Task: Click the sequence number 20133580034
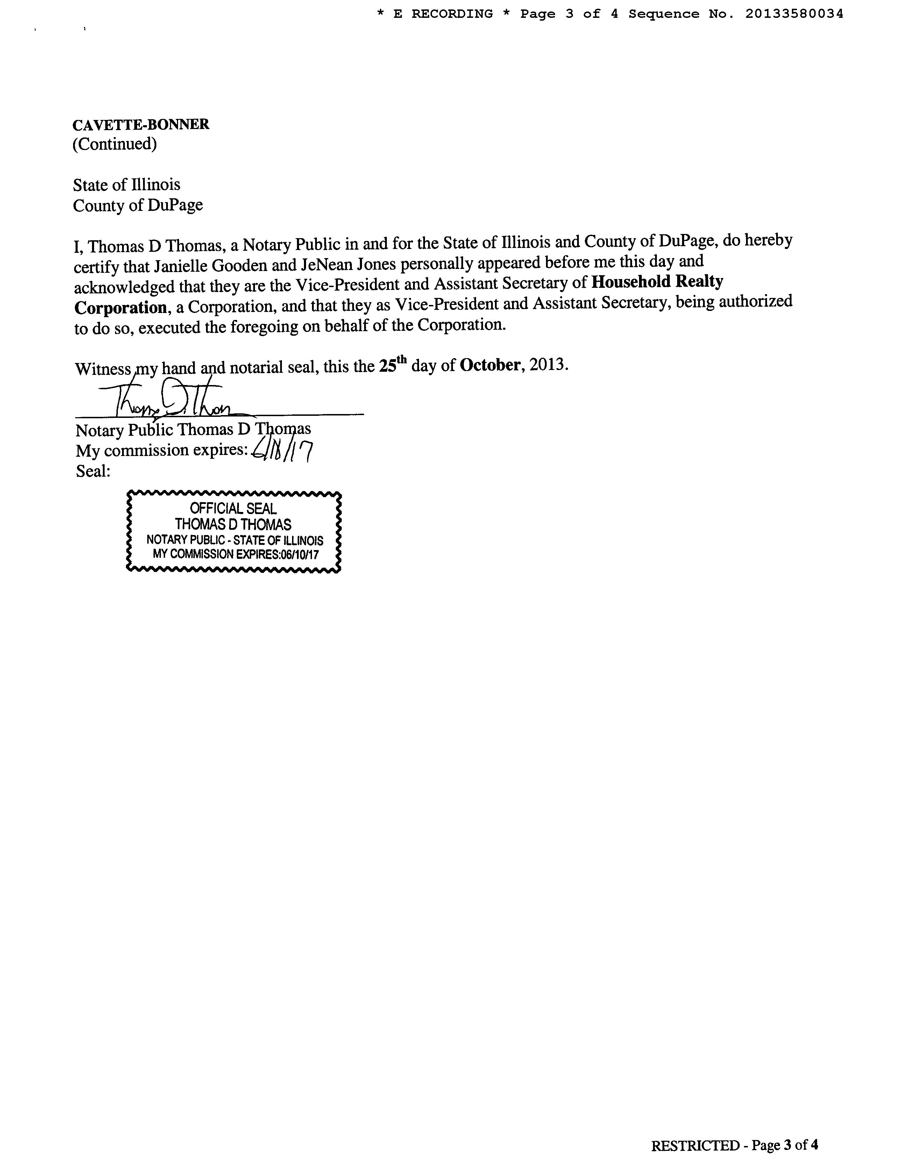(x=794, y=14)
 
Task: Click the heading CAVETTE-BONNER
(x=141, y=124)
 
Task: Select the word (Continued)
(x=115, y=144)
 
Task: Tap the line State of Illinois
(x=127, y=185)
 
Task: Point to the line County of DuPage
(x=138, y=205)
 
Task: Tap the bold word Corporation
(x=120, y=307)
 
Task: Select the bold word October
(x=490, y=365)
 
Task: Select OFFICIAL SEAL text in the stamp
(x=233, y=508)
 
